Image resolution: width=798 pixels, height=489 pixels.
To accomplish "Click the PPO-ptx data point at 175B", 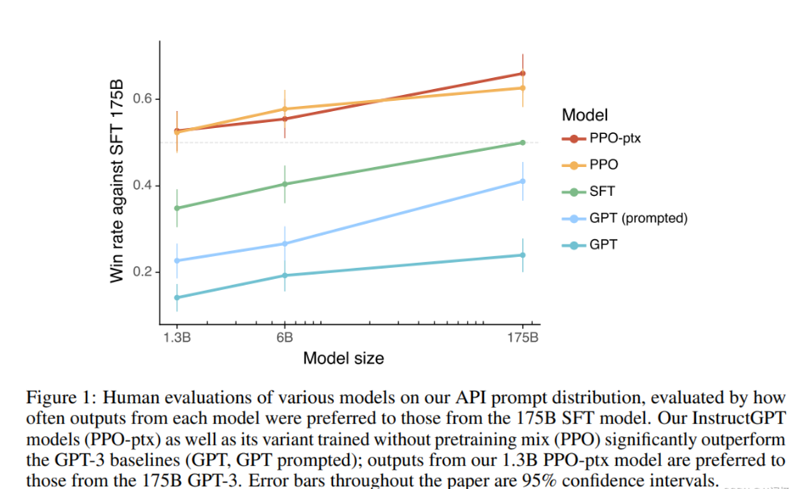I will click(x=522, y=74).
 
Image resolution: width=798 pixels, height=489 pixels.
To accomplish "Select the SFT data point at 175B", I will click(x=522, y=142).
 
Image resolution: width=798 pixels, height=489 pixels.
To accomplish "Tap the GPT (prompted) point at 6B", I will click(x=285, y=244).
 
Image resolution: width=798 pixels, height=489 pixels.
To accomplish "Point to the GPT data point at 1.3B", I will click(x=177, y=297).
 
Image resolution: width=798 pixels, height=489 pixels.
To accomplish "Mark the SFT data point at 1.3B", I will click(x=177, y=208).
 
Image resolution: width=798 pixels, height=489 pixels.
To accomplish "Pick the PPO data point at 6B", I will click(x=285, y=109).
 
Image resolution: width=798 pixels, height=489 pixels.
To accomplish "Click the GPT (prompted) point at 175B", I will click(x=522, y=181).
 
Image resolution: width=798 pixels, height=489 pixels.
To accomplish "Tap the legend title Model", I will click(x=584, y=114).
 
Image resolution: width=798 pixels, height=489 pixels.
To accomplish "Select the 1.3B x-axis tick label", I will click(x=176, y=336).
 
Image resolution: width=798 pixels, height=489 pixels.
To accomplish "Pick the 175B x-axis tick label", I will click(x=522, y=336).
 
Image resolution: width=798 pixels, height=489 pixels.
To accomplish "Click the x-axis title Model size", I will click(x=343, y=358).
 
